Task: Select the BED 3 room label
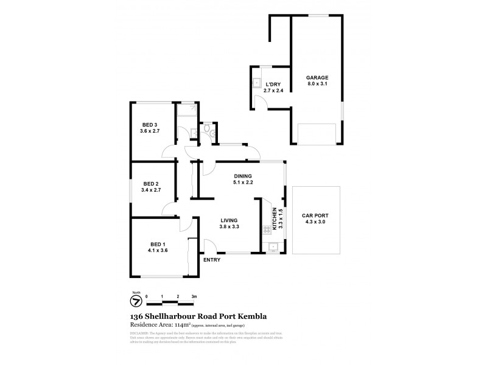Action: [149, 125]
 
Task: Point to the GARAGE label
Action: [318, 78]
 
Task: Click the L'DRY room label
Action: [272, 85]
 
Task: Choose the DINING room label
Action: [243, 176]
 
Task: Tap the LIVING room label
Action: [228, 220]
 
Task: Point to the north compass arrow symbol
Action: [136, 301]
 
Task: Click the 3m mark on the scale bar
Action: [194, 296]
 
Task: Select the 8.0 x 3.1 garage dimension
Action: [318, 85]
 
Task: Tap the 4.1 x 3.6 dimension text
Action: [156, 250]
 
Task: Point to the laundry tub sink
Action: [257, 84]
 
